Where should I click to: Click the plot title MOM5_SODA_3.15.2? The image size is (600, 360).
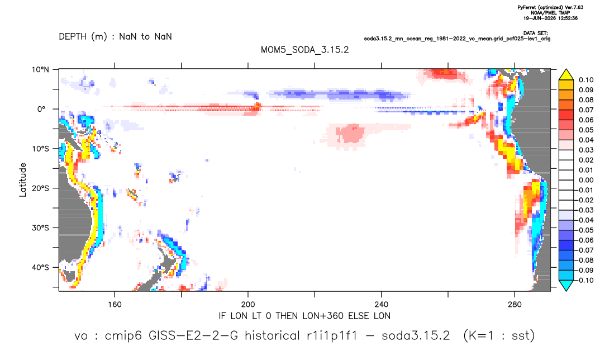click(304, 50)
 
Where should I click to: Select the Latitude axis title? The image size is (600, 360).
click(23, 180)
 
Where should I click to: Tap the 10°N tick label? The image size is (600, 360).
click(41, 70)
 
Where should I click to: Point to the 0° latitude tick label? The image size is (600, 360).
click(41, 109)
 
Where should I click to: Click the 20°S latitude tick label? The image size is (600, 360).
click(40, 188)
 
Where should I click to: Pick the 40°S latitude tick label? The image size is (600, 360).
click(40, 267)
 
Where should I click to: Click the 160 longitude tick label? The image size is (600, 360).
click(115, 305)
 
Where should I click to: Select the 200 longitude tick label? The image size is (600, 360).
click(248, 305)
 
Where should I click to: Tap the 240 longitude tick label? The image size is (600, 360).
click(382, 305)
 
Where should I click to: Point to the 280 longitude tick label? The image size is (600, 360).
click(515, 305)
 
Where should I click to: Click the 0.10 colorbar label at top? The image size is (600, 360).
click(586, 80)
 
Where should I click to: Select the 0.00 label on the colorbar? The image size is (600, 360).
click(586, 180)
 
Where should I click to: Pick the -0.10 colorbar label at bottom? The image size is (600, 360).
click(584, 280)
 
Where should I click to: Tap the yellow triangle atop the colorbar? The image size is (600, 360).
click(566, 75)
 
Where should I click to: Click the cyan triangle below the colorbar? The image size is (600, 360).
click(566, 285)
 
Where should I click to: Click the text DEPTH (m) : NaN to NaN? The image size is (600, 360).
click(115, 37)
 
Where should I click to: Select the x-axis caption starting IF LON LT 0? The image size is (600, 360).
click(304, 316)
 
